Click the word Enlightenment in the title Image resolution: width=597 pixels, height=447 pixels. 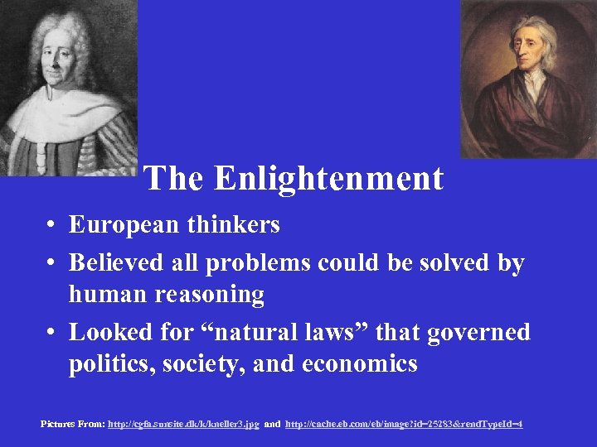point(328,179)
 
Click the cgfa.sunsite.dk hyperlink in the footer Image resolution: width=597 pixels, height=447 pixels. point(183,424)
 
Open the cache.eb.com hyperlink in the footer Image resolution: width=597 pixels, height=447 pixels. point(404,424)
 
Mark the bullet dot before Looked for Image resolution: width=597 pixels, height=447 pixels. point(51,333)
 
